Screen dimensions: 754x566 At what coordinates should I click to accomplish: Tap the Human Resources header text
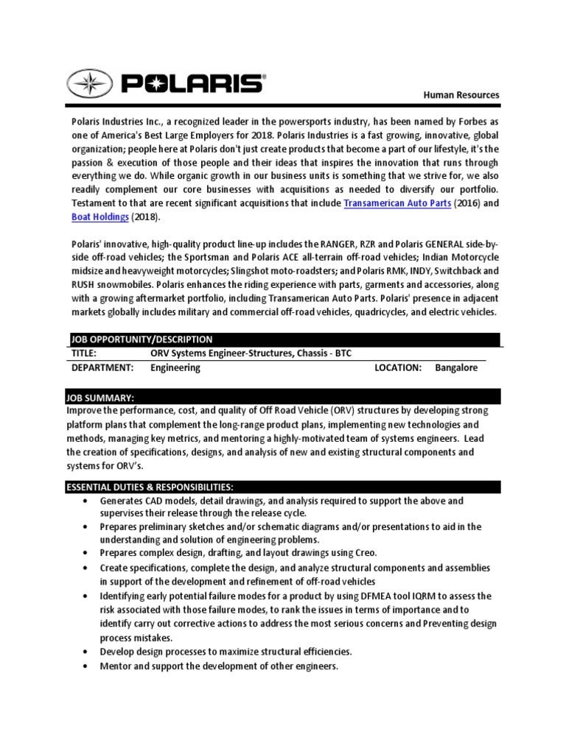[461, 95]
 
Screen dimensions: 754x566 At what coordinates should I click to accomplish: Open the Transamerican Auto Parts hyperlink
[397, 202]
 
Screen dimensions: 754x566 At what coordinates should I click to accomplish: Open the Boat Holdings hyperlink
[100, 217]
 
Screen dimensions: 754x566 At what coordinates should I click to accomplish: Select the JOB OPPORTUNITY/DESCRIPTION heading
[141, 339]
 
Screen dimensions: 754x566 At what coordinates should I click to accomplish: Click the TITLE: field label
[85, 353]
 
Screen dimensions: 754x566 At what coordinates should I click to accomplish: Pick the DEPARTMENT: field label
[102, 367]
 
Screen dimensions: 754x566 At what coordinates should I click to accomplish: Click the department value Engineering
[175, 367]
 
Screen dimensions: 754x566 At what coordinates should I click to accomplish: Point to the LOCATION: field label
[397, 367]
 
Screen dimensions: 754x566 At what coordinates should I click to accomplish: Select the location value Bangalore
[456, 367]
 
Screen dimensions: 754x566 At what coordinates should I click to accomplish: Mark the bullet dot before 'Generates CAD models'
[85, 501]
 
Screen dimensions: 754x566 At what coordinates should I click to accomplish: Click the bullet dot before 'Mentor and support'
[85, 666]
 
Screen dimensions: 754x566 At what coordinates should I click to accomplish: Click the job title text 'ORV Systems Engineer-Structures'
[221, 353]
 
